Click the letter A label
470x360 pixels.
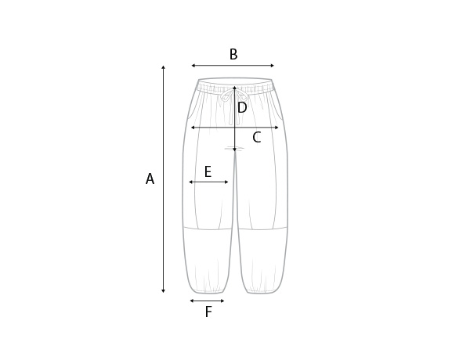click(150, 178)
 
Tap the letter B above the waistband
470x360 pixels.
click(233, 55)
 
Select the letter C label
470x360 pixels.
click(257, 138)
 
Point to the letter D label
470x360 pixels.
click(242, 108)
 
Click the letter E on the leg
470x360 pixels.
click(208, 172)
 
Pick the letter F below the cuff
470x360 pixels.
click(208, 311)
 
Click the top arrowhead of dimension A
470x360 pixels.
click(164, 67)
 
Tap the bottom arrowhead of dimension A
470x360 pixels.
click(164, 291)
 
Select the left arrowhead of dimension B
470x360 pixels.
click(193, 66)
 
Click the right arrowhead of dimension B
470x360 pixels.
click(272, 66)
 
